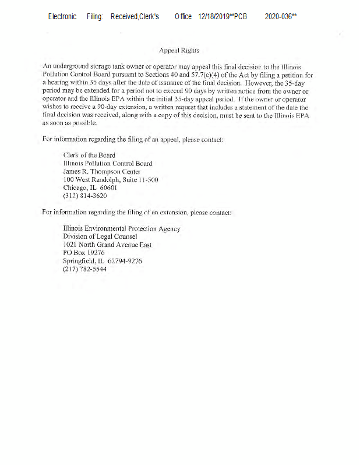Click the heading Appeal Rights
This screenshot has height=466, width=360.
coord(179,51)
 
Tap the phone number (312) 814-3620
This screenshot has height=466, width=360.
coord(85,196)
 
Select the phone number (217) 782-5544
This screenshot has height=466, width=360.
coord(85,270)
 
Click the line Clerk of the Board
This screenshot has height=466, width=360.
coord(89,156)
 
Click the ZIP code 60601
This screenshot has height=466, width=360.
coord(109,188)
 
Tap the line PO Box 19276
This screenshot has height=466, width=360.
coord(84,253)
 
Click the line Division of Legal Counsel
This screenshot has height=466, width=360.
coord(100,237)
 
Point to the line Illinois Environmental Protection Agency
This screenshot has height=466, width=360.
coord(121,229)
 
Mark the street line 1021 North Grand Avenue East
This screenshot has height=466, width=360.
coord(107,245)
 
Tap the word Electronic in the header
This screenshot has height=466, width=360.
coord(62,17)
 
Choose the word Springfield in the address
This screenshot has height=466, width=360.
coord(80,262)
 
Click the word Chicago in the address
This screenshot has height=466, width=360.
coord(76,188)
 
